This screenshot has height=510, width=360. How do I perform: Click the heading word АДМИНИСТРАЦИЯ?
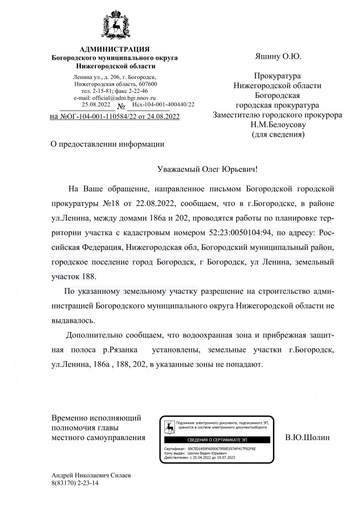(115, 49)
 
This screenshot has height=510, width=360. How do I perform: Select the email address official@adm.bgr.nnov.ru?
(115, 97)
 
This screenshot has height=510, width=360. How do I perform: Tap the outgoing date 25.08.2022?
(96, 105)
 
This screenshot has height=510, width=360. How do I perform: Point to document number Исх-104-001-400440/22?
(163, 105)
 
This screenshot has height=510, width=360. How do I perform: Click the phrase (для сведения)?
(278, 135)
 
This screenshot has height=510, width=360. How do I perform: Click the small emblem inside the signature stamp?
(168, 424)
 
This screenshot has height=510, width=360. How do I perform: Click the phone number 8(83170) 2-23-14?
(74, 482)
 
